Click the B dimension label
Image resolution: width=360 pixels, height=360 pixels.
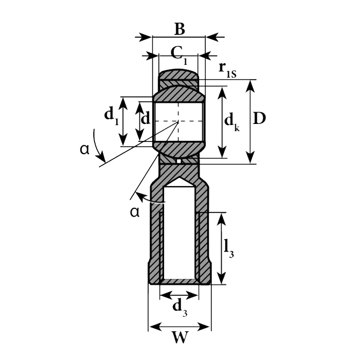click(179, 29)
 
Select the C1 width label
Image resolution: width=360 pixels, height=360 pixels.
click(178, 53)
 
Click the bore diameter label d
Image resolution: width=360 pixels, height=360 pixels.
click(146, 119)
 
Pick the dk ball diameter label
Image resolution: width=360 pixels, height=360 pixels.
click(232, 122)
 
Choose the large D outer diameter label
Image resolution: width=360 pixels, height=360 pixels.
click(260, 119)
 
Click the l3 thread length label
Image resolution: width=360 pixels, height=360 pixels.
click(229, 248)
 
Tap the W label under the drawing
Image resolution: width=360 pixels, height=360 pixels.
click(179, 338)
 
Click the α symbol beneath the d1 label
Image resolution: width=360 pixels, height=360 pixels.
click(85, 149)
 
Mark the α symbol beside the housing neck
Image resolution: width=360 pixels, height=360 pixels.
click(135, 212)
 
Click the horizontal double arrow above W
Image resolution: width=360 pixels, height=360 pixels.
click(179, 327)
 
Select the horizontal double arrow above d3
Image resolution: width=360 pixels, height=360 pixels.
click(179, 295)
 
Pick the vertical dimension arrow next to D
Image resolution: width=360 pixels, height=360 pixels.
click(250, 121)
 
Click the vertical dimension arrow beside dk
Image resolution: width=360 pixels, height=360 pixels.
click(222, 122)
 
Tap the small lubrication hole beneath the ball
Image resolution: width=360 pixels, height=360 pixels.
click(178, 161)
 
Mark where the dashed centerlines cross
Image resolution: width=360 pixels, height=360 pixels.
click(178, 121)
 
